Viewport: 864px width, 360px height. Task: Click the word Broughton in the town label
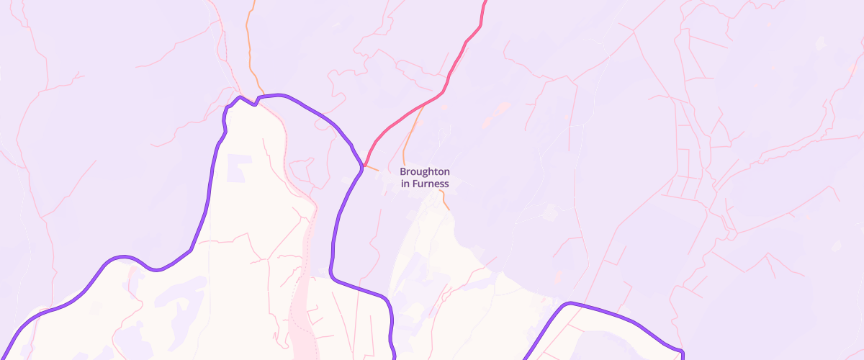pyautogui.click(x=425, y=172)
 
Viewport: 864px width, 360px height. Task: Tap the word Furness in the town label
pyautogui.click(x=431, y=184)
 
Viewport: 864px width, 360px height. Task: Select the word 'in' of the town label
pyautogui.click(x=406, y=184)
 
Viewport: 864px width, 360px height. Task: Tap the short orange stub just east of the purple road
pyautogui.click(x=372, y=168)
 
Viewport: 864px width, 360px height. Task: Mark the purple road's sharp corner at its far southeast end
pyautogui.click(x=680, y=351)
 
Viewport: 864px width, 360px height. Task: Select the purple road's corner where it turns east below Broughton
pyautogui.click(x=333, y=275)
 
